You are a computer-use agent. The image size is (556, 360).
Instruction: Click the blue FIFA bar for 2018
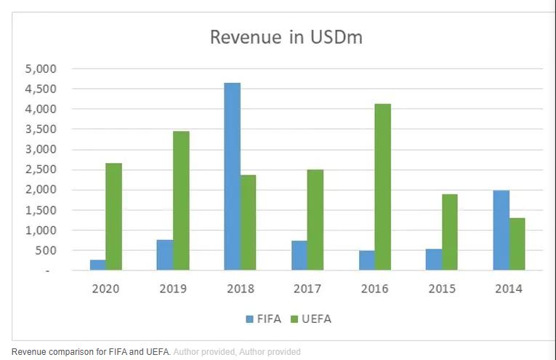pyautogui.click(x=232, y=177)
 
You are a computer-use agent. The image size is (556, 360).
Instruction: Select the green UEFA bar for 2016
pyautogui.click(x=382, y=187)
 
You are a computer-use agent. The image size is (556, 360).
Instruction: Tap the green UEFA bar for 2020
pyautogui.click(x=113, y=217)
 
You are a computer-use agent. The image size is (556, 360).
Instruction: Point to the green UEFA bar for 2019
pyautogui.click(x=181, y=201)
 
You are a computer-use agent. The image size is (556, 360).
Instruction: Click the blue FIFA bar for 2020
pyautogui.click(x=97, y=265)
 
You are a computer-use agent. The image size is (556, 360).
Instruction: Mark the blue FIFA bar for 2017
pyautogui.click(x=299, y=255)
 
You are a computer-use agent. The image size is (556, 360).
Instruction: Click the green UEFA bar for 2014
pyautogui.click(x=517, y=244)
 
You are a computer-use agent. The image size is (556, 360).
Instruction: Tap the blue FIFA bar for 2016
pyautogui.click(x=366, y=260)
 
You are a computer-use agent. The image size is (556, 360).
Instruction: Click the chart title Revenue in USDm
pyautogui.click(x=286, y=37)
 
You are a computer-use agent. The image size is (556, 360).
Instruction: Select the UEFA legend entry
pyautogui.click(x=313, y=319)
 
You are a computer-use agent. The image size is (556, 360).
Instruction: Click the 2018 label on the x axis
pyautogui.click(x=241, y=289)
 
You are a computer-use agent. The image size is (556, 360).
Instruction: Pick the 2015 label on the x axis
pyautogui.click(x=442, y=289)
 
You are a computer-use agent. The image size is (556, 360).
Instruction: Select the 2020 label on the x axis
pyautogui.click(x=106, y=289)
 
